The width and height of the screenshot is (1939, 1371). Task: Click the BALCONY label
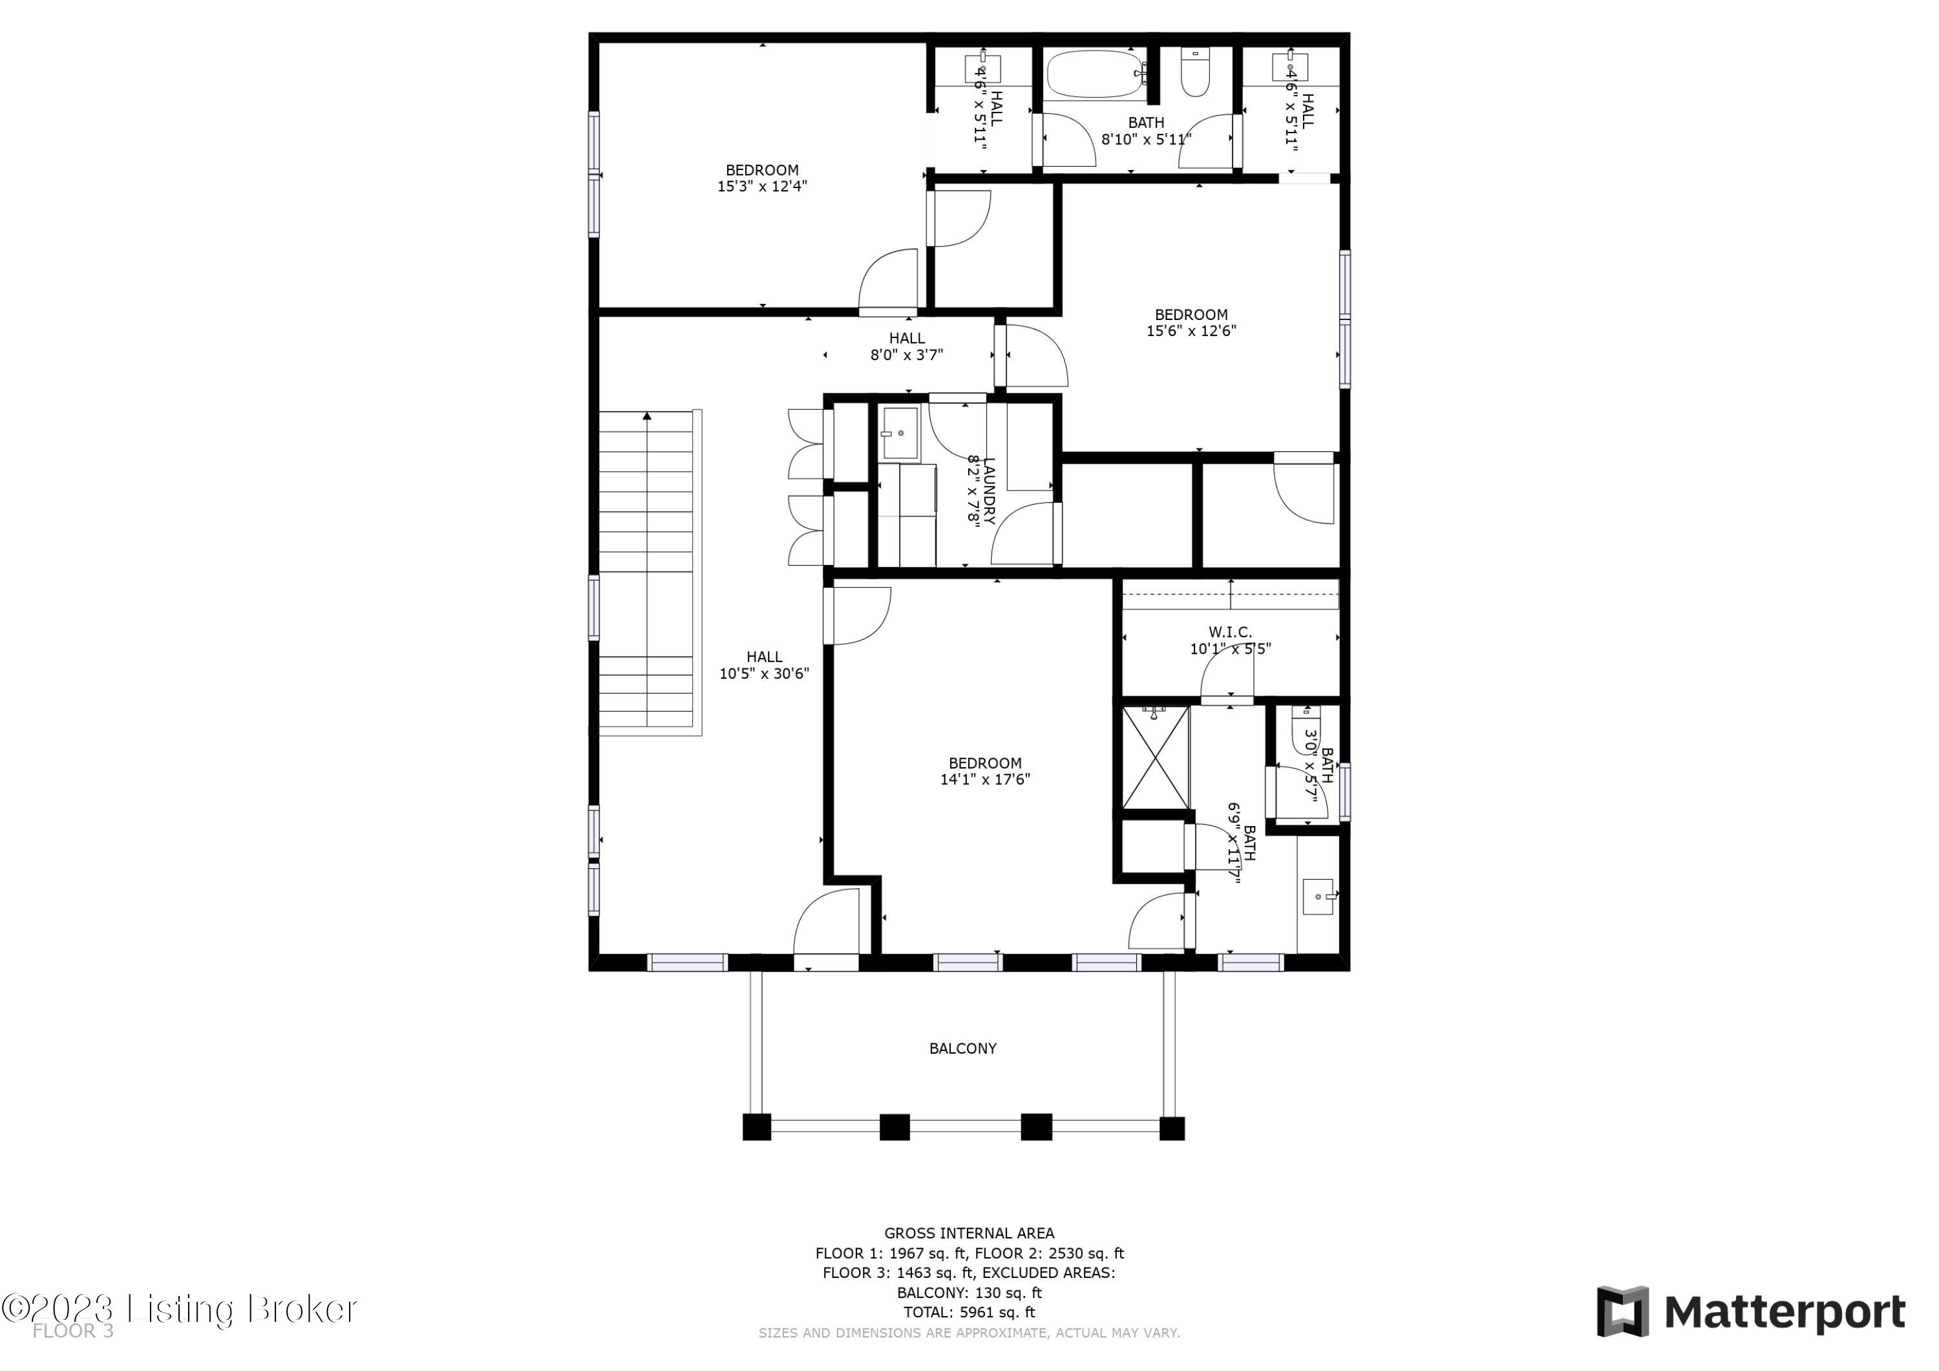963,1048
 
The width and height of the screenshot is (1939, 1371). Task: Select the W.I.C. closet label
1229,632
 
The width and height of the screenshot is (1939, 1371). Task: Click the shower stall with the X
1154,758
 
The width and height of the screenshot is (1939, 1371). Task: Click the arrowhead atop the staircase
647,416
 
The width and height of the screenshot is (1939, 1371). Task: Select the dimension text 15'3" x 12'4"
762,187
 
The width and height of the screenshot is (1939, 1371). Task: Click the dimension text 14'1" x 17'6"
985,779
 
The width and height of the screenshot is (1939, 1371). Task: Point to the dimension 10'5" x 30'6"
763,674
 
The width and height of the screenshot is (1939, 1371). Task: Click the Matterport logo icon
1622,1312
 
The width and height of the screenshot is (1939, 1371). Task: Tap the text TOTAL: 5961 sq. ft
969,1312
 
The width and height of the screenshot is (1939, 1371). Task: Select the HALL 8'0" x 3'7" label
906,346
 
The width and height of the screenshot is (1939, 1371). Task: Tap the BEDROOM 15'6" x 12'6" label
1191,323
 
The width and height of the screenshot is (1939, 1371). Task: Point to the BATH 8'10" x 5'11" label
1145,131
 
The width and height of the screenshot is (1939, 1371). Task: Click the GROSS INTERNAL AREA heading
969,1233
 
